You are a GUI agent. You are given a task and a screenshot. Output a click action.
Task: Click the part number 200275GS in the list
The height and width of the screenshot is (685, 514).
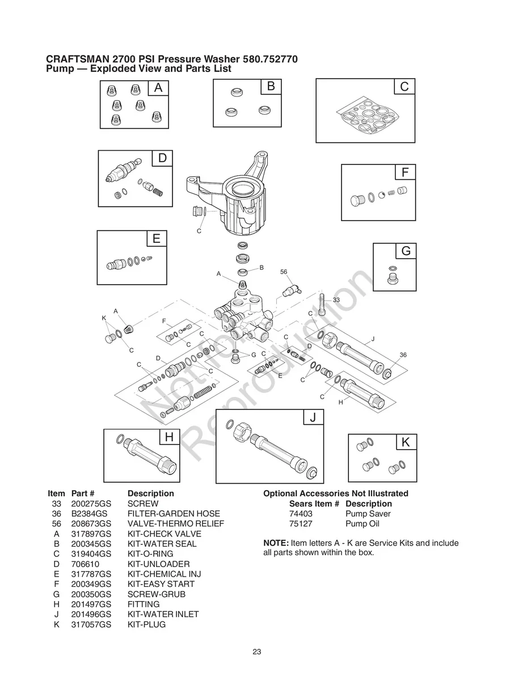91,504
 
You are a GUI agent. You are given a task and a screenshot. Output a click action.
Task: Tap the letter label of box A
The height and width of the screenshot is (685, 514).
158,88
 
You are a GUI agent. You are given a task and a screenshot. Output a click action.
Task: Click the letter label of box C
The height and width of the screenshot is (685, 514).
404,87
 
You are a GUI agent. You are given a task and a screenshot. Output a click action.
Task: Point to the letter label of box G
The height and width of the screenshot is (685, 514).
406,251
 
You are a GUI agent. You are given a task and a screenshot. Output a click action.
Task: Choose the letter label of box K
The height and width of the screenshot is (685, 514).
406,443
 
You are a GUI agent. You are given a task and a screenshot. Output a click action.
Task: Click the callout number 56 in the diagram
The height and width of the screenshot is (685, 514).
284,272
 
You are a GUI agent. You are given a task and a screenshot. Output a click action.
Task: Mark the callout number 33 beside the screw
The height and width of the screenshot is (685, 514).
336,299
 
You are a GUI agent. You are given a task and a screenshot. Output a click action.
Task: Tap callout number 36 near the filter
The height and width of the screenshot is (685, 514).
403,354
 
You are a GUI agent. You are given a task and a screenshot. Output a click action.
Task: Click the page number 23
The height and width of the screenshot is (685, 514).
257,652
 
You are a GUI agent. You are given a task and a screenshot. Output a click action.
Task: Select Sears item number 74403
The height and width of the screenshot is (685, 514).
300,514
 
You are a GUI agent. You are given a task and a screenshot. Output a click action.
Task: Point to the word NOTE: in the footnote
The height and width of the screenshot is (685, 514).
276,543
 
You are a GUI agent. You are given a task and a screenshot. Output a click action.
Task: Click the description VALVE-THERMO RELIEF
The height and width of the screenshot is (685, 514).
175,524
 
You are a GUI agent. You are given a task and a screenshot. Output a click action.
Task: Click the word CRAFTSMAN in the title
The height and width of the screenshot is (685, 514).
78,59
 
